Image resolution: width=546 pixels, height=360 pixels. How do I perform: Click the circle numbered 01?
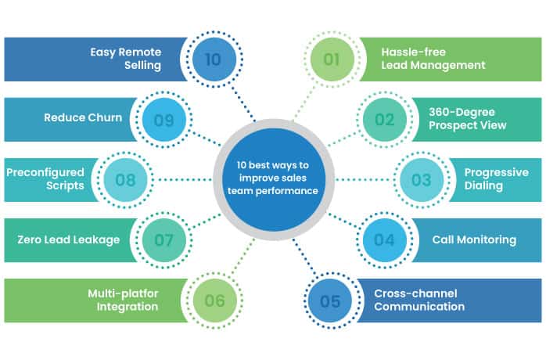pyautogui.click(x=332, y=59)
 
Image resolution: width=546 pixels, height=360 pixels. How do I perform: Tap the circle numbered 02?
pyautogui.click(x=384, y=120)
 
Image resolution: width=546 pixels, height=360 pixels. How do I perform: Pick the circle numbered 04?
pyautogui.click(x=384, y=240)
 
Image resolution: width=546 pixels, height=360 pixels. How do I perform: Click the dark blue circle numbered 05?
pyautogui.click(x=330, y=301)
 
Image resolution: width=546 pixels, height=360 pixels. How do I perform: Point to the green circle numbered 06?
pyautogui.click(x=214, y=301)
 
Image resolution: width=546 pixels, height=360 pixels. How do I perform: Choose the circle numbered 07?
pyautogui.click(x=163, y=240)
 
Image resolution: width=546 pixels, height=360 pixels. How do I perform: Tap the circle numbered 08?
pyautogui.click(x=125, y=180)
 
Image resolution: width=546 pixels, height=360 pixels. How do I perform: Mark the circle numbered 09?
pyautogui.click(x=163, y=120)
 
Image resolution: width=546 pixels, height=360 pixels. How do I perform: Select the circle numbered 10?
pyautogui.click(x=213, y=59)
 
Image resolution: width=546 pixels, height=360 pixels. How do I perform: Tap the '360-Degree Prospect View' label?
pyautogui.click(x=468, y=119)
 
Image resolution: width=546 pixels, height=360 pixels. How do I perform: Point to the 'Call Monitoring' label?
pyautogui.click(x=474, y=239)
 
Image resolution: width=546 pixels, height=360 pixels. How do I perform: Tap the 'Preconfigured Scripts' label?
pyautogui.click(x=45, y=179)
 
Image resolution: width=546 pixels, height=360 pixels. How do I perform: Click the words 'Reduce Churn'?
pyautogui.click(x=83, y=118)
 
